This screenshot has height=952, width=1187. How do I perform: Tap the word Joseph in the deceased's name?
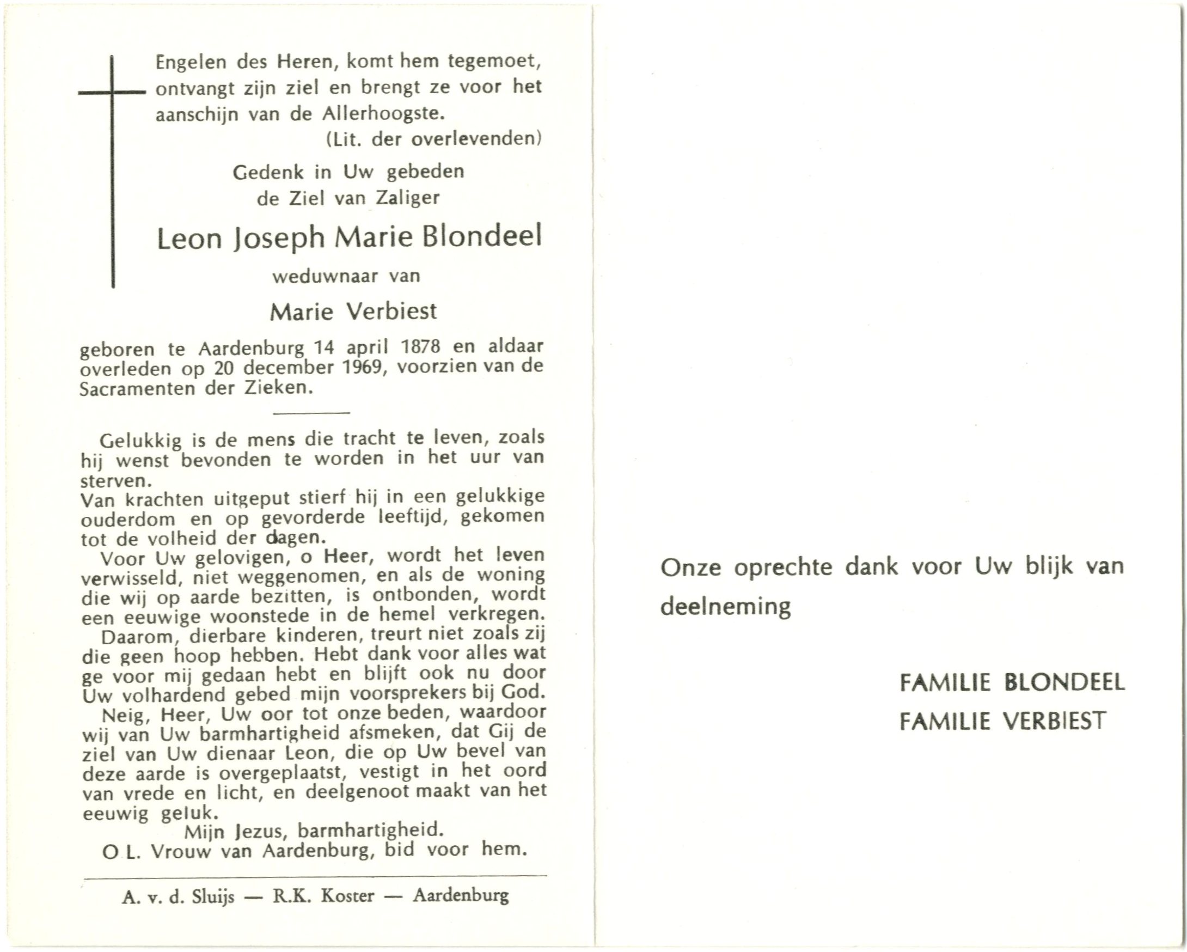pos(280,239)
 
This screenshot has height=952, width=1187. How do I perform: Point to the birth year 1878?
pos(421,347)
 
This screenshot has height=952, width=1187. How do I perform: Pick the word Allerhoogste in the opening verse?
pos(382,114)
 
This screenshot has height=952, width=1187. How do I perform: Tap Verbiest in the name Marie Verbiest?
pos(392,312)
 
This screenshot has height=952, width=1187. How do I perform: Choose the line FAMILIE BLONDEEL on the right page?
pos(1012,683)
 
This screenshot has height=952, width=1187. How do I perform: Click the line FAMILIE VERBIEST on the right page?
pos(1002,721)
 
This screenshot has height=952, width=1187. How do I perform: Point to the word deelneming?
pos(726,607)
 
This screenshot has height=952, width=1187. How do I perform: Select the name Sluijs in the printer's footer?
pos(212,897)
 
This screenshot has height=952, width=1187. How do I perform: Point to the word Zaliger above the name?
pos(407,198)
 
